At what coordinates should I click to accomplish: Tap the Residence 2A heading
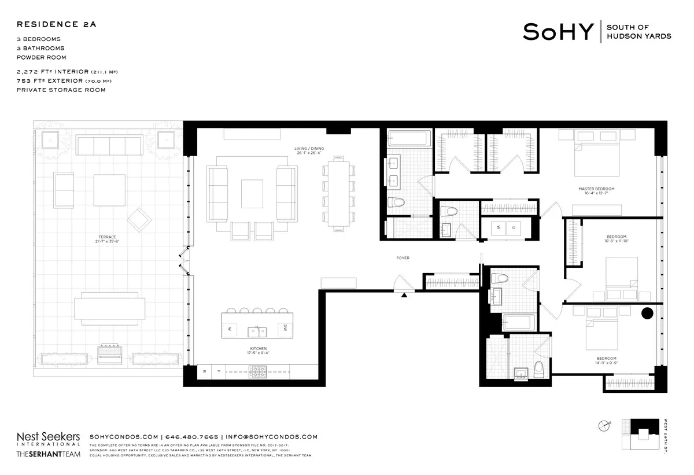coord(56,24)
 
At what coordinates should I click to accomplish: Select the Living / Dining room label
coord(309,151)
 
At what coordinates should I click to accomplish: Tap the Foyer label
coord(403,258)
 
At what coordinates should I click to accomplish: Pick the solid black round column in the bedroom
coord(647,314)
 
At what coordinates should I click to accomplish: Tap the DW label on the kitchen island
coord(285,328)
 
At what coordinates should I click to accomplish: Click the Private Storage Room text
coord(61,90)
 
